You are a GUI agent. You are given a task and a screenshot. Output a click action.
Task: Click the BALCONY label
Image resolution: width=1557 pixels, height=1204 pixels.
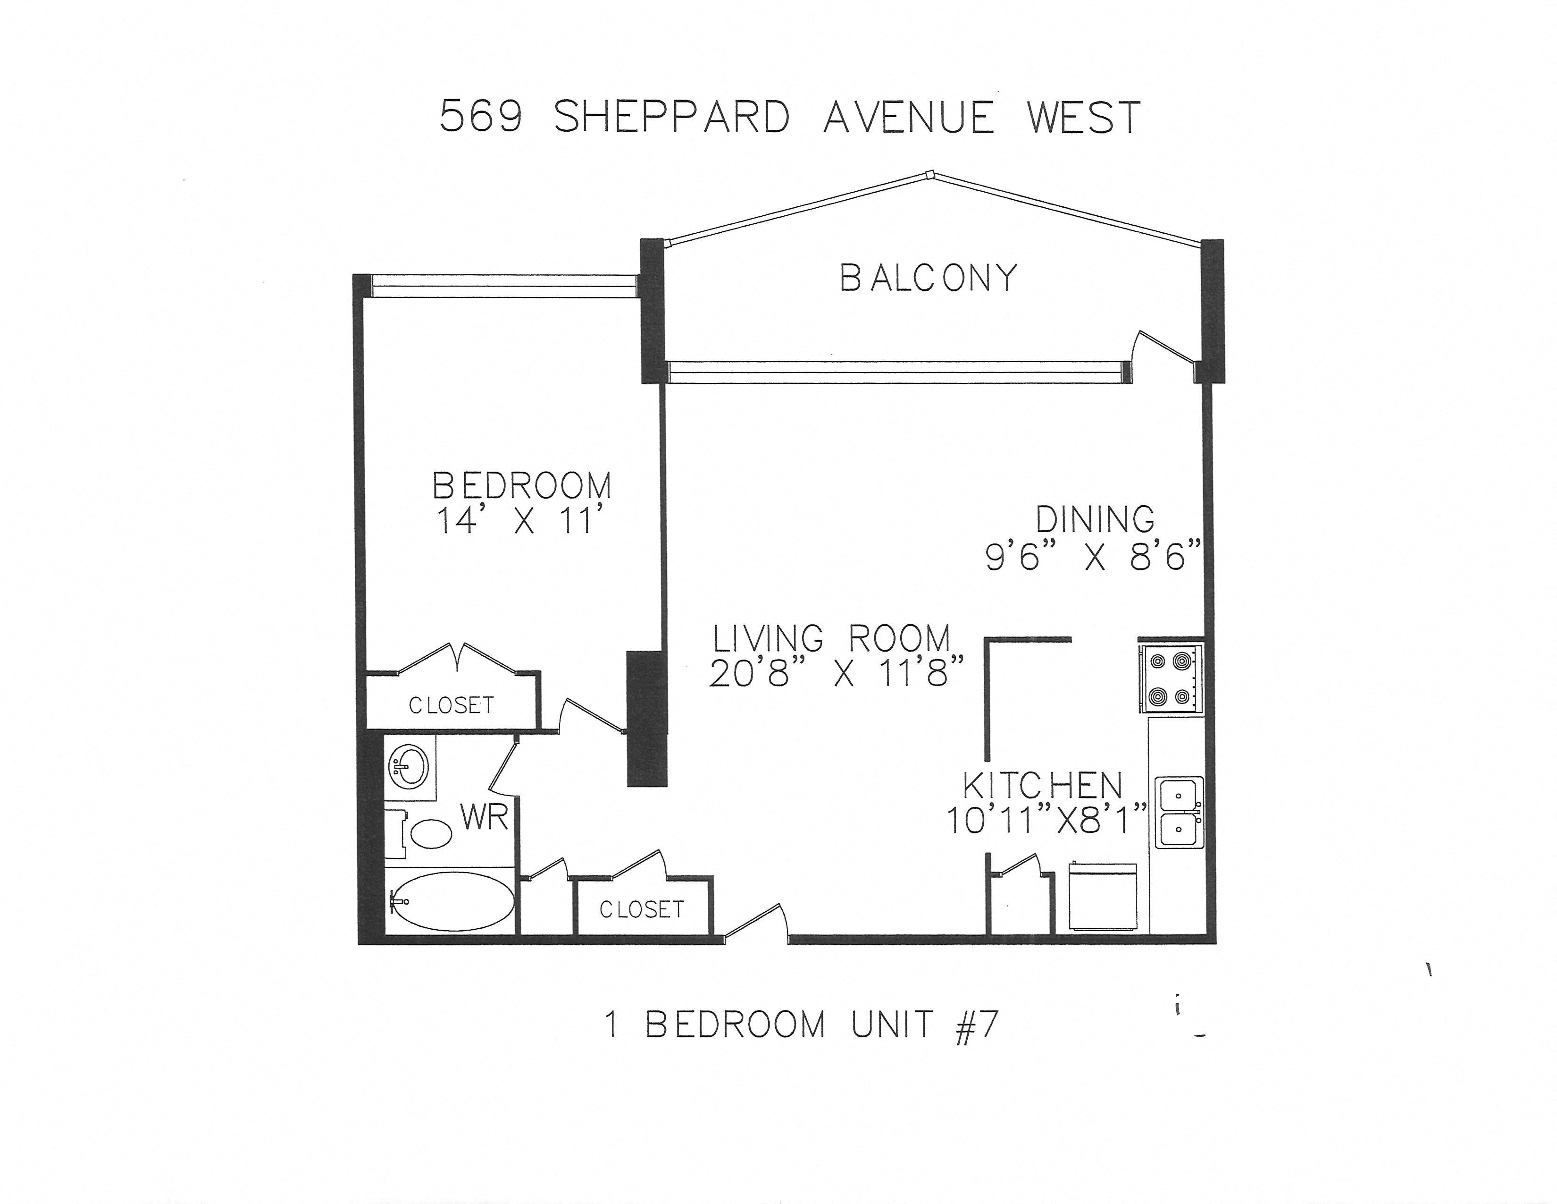[x=928, y=278]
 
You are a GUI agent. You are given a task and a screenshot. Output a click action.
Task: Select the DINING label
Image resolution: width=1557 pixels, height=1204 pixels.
[x=1095, y=519]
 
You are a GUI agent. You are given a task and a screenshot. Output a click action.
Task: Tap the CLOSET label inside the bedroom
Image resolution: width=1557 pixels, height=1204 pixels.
[x=451, y=705]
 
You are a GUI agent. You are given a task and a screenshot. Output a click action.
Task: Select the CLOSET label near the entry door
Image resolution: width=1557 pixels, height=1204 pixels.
[x=642, y=909]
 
